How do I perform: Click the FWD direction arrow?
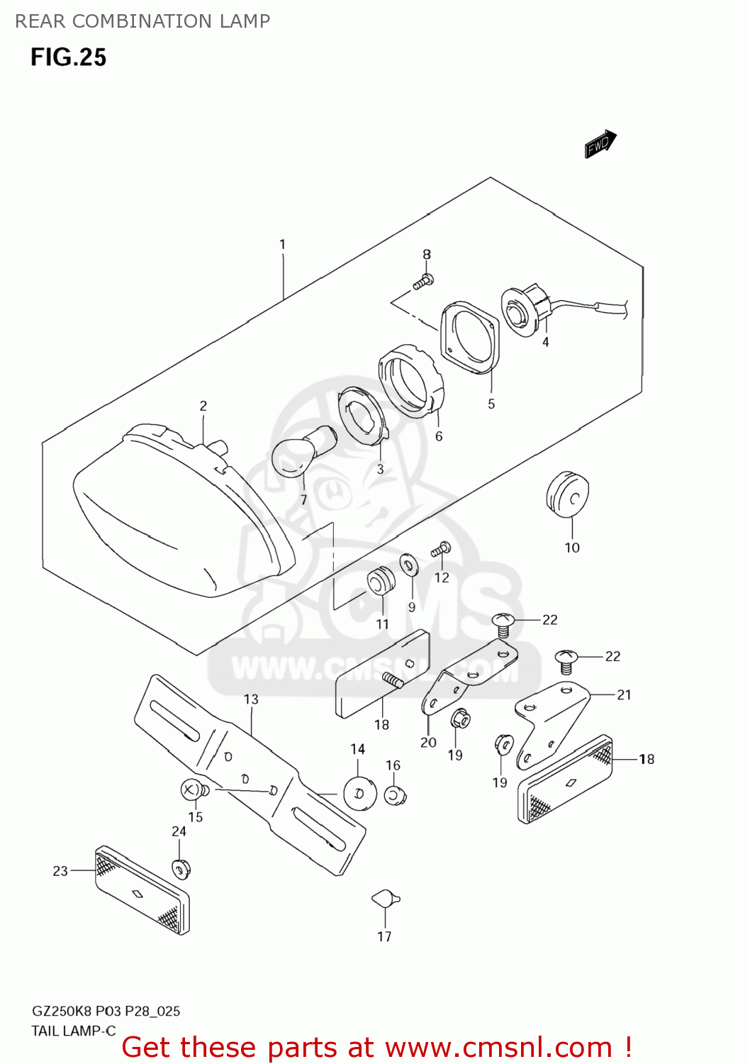[600, 144]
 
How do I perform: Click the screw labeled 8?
[424, 282]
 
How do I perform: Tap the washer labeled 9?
[409, 565]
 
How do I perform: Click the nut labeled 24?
[181, 868]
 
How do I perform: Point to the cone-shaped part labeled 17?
[386, 899]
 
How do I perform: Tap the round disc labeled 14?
[359, 792]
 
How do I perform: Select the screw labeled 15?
[193, 789]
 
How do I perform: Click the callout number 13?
[251, 699]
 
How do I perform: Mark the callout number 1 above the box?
[282, 245]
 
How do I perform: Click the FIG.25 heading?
[68, 57]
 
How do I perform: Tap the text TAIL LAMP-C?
[73, 1031]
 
